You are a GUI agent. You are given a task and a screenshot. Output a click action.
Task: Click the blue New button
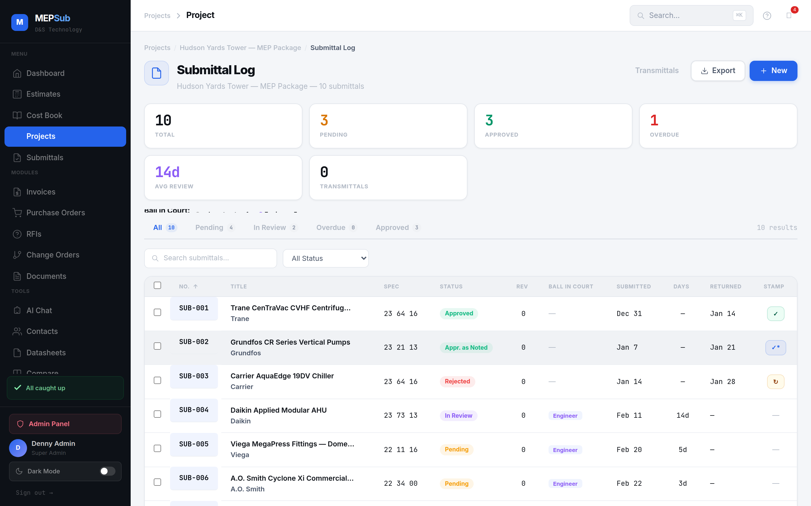pyautogui.click(x=773, y=71)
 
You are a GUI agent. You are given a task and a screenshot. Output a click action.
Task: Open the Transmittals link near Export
pyautogui.click(x=656, y=71)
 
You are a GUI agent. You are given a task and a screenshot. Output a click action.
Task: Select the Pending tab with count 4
pyautogui.click(x=215, y=228)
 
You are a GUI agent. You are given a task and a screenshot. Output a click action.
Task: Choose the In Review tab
pyautogui.click(x=275, y=228)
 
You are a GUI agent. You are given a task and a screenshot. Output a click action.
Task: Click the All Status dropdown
pyautogui.click(x=326, y=258)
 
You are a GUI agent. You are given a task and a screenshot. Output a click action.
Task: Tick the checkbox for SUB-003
pyautogui.click(x=157, y=381)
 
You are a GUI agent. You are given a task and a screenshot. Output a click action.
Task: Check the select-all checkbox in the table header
pyautogui.click(x=157, y=285)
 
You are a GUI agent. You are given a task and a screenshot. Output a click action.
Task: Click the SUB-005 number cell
pyautogui.click(x=194, y=444)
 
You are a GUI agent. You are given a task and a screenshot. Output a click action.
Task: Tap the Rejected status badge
pyautogui.click(x=457, y=381)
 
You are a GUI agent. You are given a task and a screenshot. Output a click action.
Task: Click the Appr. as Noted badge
pyautogui.click(x=466, y=348)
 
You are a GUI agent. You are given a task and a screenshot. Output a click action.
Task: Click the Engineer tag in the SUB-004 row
pyautogui.click(x=565, y=416)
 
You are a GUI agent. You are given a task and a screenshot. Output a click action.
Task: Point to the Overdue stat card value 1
pyautogui.click(x=654, y=121)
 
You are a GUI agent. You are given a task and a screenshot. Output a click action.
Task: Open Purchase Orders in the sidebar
pyautogui.click(x=56, y=213)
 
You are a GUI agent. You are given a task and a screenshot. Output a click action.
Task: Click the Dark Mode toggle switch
pyautogui.click(x=107, y=471)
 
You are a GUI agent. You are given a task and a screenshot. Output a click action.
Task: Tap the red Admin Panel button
pyautogui.click(x=65, y=424)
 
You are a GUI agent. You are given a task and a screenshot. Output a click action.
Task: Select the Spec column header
pyautogui.click(x=391, y=286)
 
